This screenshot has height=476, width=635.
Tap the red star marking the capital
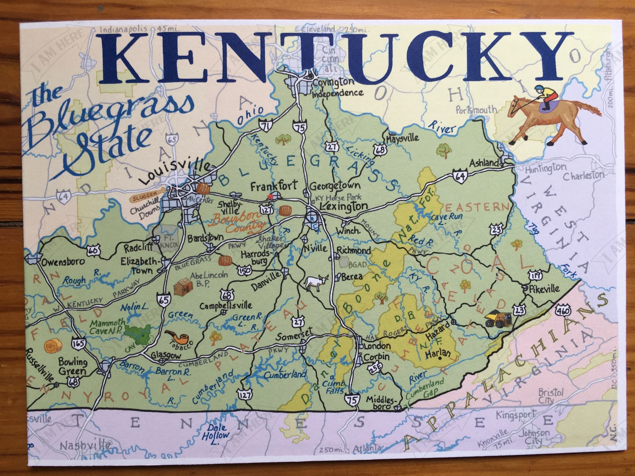point(271,197)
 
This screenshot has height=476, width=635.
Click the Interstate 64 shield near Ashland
point(460,176)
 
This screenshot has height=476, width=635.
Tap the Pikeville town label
point(544,289)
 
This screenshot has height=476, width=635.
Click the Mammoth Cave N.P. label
point(107,326)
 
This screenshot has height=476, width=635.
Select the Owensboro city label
point(63,261)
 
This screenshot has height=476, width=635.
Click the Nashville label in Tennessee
point(86,446)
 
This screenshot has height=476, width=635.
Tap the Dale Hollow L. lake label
point(217,435)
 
